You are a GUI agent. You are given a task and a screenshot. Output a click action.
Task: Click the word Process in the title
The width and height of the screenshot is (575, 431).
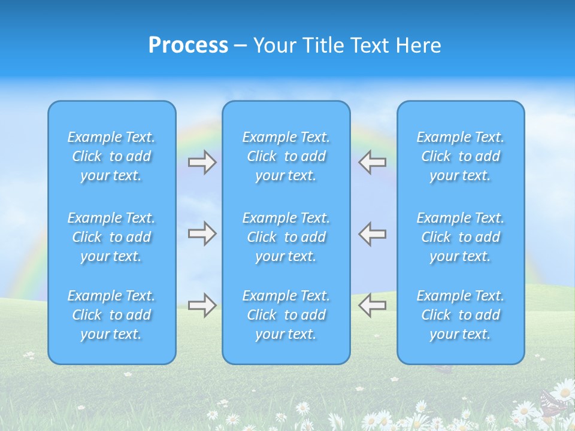(x=188, y=45)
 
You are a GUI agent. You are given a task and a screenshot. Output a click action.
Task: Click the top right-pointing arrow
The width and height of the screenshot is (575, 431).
(x=202, y=162)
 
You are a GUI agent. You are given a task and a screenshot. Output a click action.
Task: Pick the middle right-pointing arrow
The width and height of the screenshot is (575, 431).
(x=202, y=233)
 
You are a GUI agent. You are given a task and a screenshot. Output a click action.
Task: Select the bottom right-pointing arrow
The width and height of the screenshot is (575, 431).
(x=202, y=305)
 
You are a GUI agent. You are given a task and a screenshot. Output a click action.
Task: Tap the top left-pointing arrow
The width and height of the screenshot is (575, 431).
(x=373, y=162)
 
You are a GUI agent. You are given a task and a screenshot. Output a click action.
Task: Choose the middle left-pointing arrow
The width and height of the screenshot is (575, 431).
(x=373, y=233)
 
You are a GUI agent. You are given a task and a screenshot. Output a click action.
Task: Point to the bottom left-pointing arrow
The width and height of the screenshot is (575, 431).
(x=373, y=305)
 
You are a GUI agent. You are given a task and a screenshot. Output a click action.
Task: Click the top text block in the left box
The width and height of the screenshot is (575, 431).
(x=111, y=156)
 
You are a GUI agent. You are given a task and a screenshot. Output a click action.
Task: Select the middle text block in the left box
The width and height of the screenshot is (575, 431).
(x=111, y=237)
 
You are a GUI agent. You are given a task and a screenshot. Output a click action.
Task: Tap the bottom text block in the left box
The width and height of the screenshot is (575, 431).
(x=111, y=315)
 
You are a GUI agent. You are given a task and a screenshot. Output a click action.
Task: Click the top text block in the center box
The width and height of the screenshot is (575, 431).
(x=286, y=156)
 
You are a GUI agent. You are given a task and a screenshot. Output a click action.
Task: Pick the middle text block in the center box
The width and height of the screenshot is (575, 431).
(x=286, y=237)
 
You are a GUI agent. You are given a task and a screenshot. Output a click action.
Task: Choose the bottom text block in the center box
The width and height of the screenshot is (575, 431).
(x=286, y=315)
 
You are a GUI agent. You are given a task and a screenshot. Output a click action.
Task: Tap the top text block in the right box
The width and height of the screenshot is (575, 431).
(x=461, y=156)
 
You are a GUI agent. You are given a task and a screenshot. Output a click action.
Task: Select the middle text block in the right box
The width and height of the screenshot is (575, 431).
(x=461, y=237)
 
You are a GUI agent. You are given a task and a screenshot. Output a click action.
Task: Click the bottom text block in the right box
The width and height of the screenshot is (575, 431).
(x=461, y=315)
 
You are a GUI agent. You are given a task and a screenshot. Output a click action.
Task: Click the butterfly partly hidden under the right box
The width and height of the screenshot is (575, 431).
(x=442, y=368)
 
